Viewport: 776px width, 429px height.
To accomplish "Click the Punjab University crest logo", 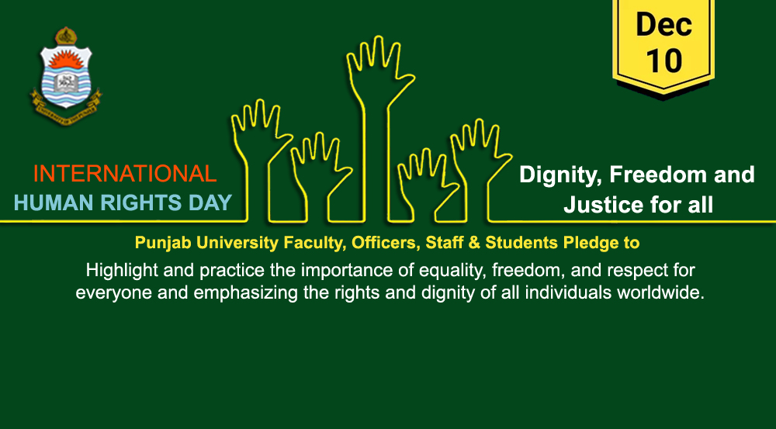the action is [66, 76].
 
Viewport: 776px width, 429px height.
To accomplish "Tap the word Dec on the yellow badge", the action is [663, 25].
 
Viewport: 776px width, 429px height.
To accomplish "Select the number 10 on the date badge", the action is [663, 61].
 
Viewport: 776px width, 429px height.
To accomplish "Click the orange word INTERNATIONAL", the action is [125, 174].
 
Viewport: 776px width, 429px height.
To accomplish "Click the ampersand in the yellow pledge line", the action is [476, 243].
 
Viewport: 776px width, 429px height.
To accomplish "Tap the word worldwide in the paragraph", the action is [660, 293].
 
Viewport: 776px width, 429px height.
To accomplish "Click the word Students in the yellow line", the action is [521, 243].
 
